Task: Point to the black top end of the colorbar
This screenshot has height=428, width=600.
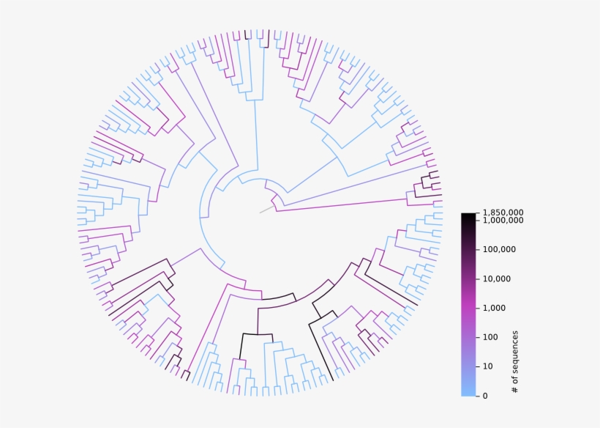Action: coord(468,216)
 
